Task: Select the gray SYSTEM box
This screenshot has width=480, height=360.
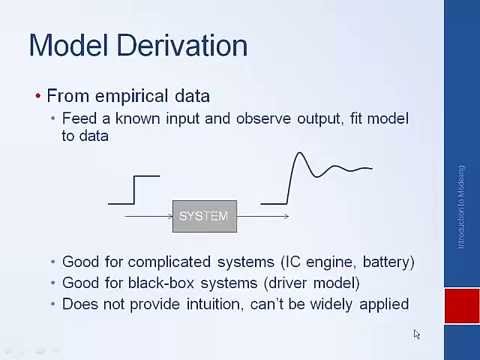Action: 204,215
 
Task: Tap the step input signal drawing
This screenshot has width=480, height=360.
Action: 134,190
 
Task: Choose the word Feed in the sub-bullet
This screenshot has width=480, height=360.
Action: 79,118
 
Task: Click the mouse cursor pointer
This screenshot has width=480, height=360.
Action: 417,334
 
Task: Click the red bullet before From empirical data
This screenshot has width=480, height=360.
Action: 38,96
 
